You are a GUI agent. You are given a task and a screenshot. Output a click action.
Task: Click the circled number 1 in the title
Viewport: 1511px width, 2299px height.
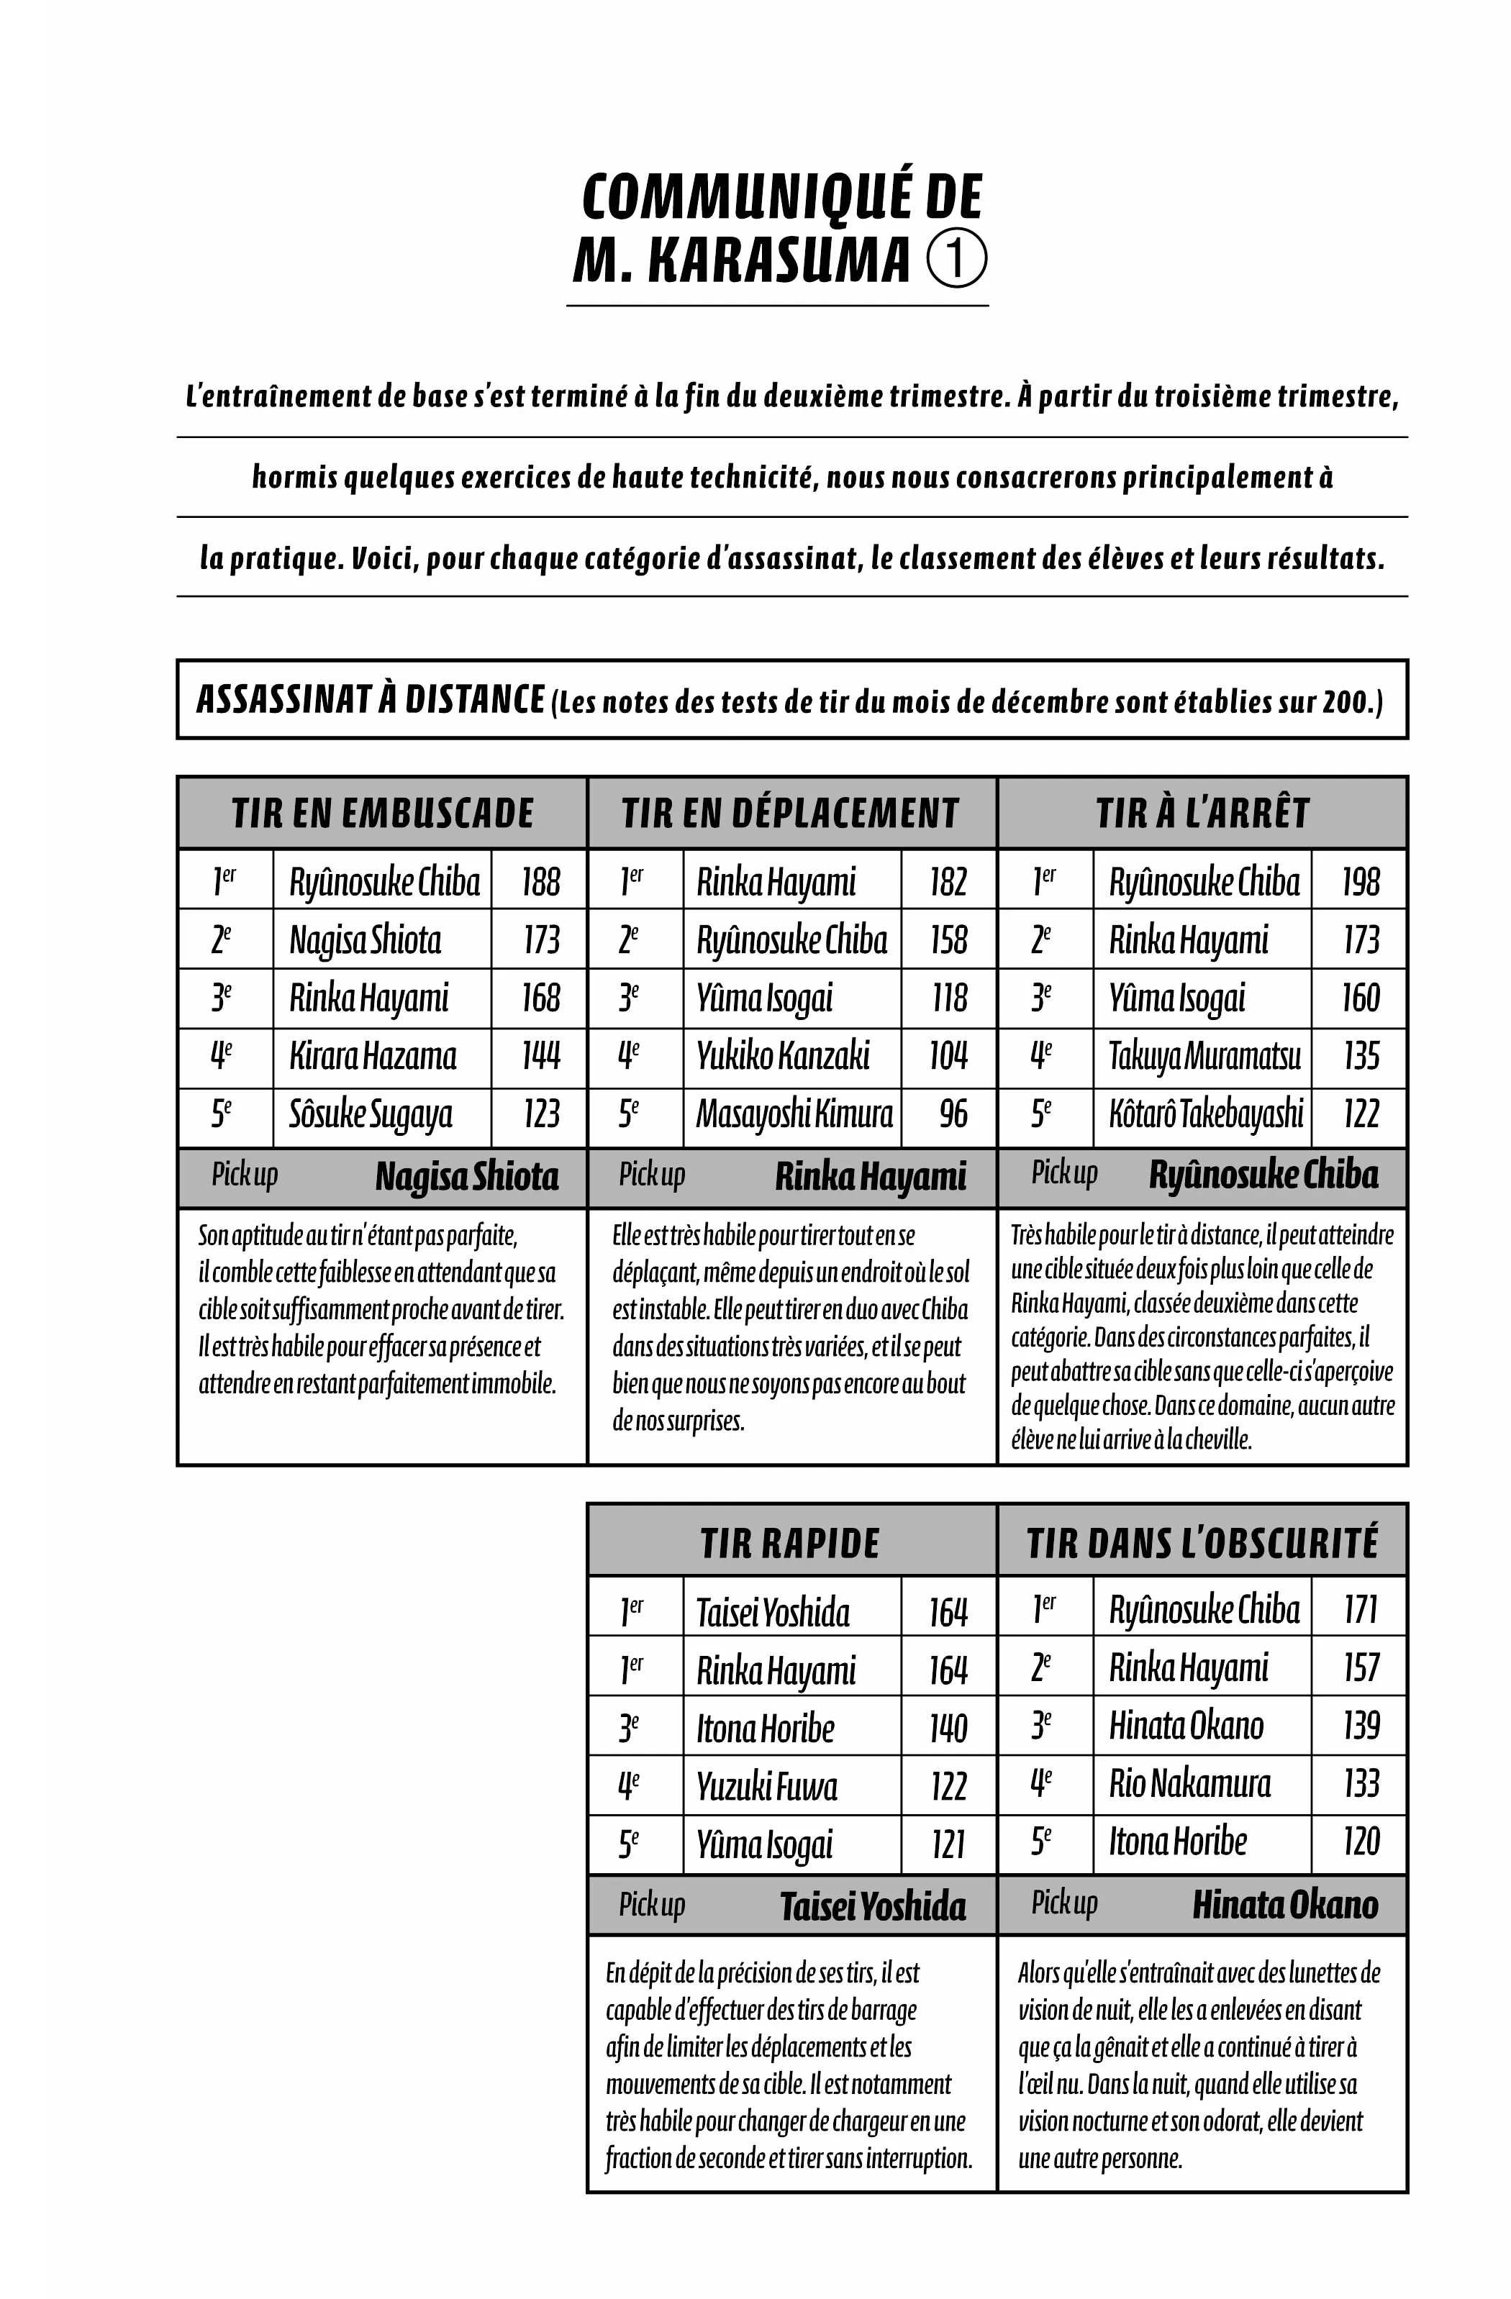tap(956, 259)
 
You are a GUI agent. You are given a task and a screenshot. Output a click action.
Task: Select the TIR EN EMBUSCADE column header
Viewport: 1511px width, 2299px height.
tap(383, 814)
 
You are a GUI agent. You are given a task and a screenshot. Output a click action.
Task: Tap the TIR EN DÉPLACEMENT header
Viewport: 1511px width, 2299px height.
tap(790, 814)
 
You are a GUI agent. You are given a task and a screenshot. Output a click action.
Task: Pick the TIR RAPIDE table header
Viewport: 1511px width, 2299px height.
tap(790, 1544)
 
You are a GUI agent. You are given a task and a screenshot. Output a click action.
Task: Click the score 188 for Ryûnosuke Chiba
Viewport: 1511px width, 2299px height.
tap(540, 882)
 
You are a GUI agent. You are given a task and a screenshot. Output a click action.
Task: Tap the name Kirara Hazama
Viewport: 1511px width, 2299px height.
tap(373, 1056)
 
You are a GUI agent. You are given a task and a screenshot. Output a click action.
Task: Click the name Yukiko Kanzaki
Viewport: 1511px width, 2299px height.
tap(783, 1056)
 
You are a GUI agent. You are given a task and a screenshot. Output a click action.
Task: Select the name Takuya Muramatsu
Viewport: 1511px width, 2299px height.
tap(1204, 1056)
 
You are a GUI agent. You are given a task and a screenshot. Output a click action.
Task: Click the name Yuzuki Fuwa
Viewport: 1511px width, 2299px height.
tap(767, 1787)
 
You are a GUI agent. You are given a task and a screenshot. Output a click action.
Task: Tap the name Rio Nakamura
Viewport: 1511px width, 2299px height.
tap(1189, 1784)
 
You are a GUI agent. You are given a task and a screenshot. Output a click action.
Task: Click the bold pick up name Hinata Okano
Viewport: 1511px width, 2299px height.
tap(1285, 1905)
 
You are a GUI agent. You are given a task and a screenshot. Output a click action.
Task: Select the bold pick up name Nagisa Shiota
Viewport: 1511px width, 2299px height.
tap(467, 1177)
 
